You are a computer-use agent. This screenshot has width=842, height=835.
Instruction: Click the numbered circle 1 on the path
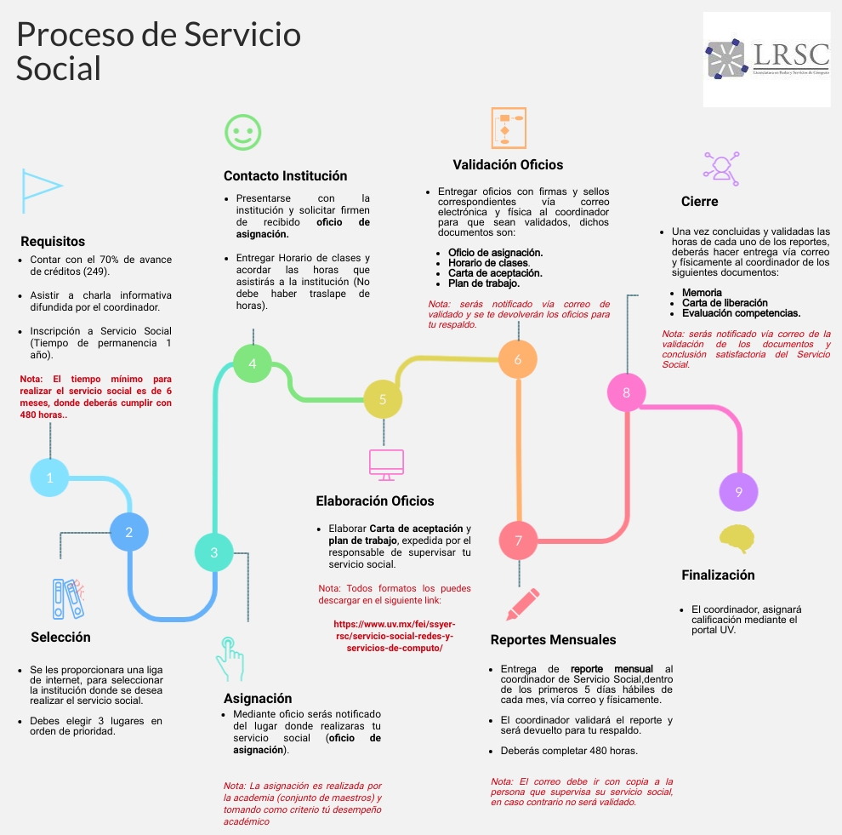(50, 478)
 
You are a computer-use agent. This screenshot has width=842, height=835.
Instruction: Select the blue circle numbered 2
(129, 533)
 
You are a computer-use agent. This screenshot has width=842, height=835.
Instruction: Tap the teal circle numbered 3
(214, 552)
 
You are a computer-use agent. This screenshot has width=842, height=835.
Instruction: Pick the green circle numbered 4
(253, 363)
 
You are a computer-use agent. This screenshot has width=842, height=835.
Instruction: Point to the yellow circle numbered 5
(383, 398)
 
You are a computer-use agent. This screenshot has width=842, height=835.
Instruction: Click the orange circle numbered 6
(518, 359)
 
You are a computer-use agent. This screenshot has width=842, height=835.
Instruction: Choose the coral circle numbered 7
(519, 540)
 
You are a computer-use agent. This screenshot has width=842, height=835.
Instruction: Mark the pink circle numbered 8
(627, 392)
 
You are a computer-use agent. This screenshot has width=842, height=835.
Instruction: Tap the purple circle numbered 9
(738, 492)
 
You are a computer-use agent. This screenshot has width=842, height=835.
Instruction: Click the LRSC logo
(767, 59)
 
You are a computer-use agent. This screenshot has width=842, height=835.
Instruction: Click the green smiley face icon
(243, 132)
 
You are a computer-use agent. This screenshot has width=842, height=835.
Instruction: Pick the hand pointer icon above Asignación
(229, 657)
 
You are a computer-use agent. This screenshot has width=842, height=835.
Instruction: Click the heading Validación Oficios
(508, 164)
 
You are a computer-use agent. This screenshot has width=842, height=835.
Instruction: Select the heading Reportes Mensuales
(553, 639)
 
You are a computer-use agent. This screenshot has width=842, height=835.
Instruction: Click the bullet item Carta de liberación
(725, 303)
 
